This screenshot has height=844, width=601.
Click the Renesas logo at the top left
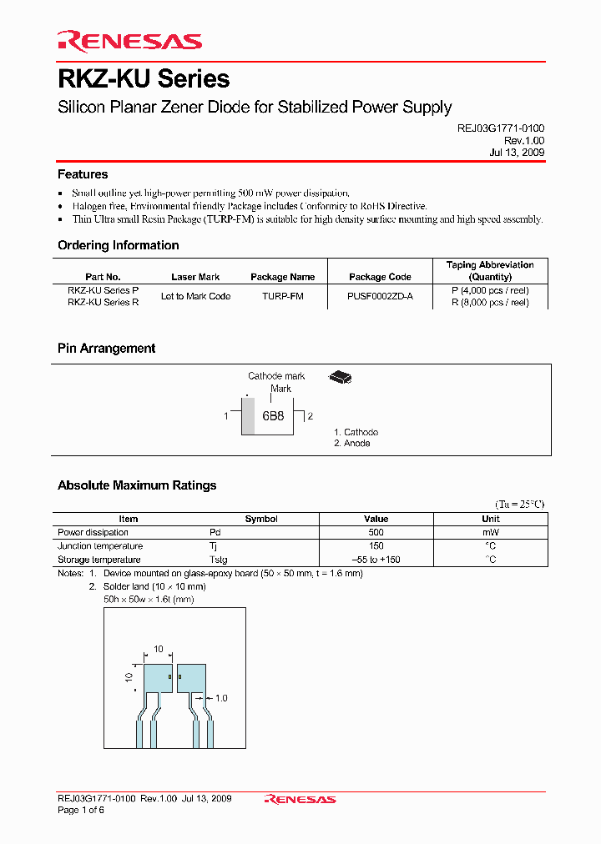pos(129,41)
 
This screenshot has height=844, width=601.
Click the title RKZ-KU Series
pos(144,79)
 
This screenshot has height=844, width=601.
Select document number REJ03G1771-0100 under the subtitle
pos(497,129)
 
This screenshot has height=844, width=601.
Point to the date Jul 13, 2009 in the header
pos(517,153)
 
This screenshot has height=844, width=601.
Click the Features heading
pos(83,174)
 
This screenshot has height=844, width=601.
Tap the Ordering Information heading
pos(118,245)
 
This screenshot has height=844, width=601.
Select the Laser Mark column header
pos(195,277)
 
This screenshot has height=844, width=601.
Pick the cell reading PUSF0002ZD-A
pos(380,297)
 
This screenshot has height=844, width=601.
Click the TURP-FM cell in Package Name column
pos(282,297)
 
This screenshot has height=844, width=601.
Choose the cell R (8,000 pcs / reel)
pos(490,303)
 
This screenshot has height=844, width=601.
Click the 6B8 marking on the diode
pos(273,415)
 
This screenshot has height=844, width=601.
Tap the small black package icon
pos(340,378)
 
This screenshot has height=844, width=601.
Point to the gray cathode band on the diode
pos(248,415)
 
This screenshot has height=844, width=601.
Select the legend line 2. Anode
pos(351,444)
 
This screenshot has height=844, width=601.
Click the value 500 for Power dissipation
pos(376,532)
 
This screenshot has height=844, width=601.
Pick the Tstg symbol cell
pos(218,560)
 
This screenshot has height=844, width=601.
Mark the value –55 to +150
pos(376,560)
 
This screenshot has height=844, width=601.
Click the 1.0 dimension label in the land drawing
pos(221,698)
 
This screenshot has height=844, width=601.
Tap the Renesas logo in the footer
pos(300,799)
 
